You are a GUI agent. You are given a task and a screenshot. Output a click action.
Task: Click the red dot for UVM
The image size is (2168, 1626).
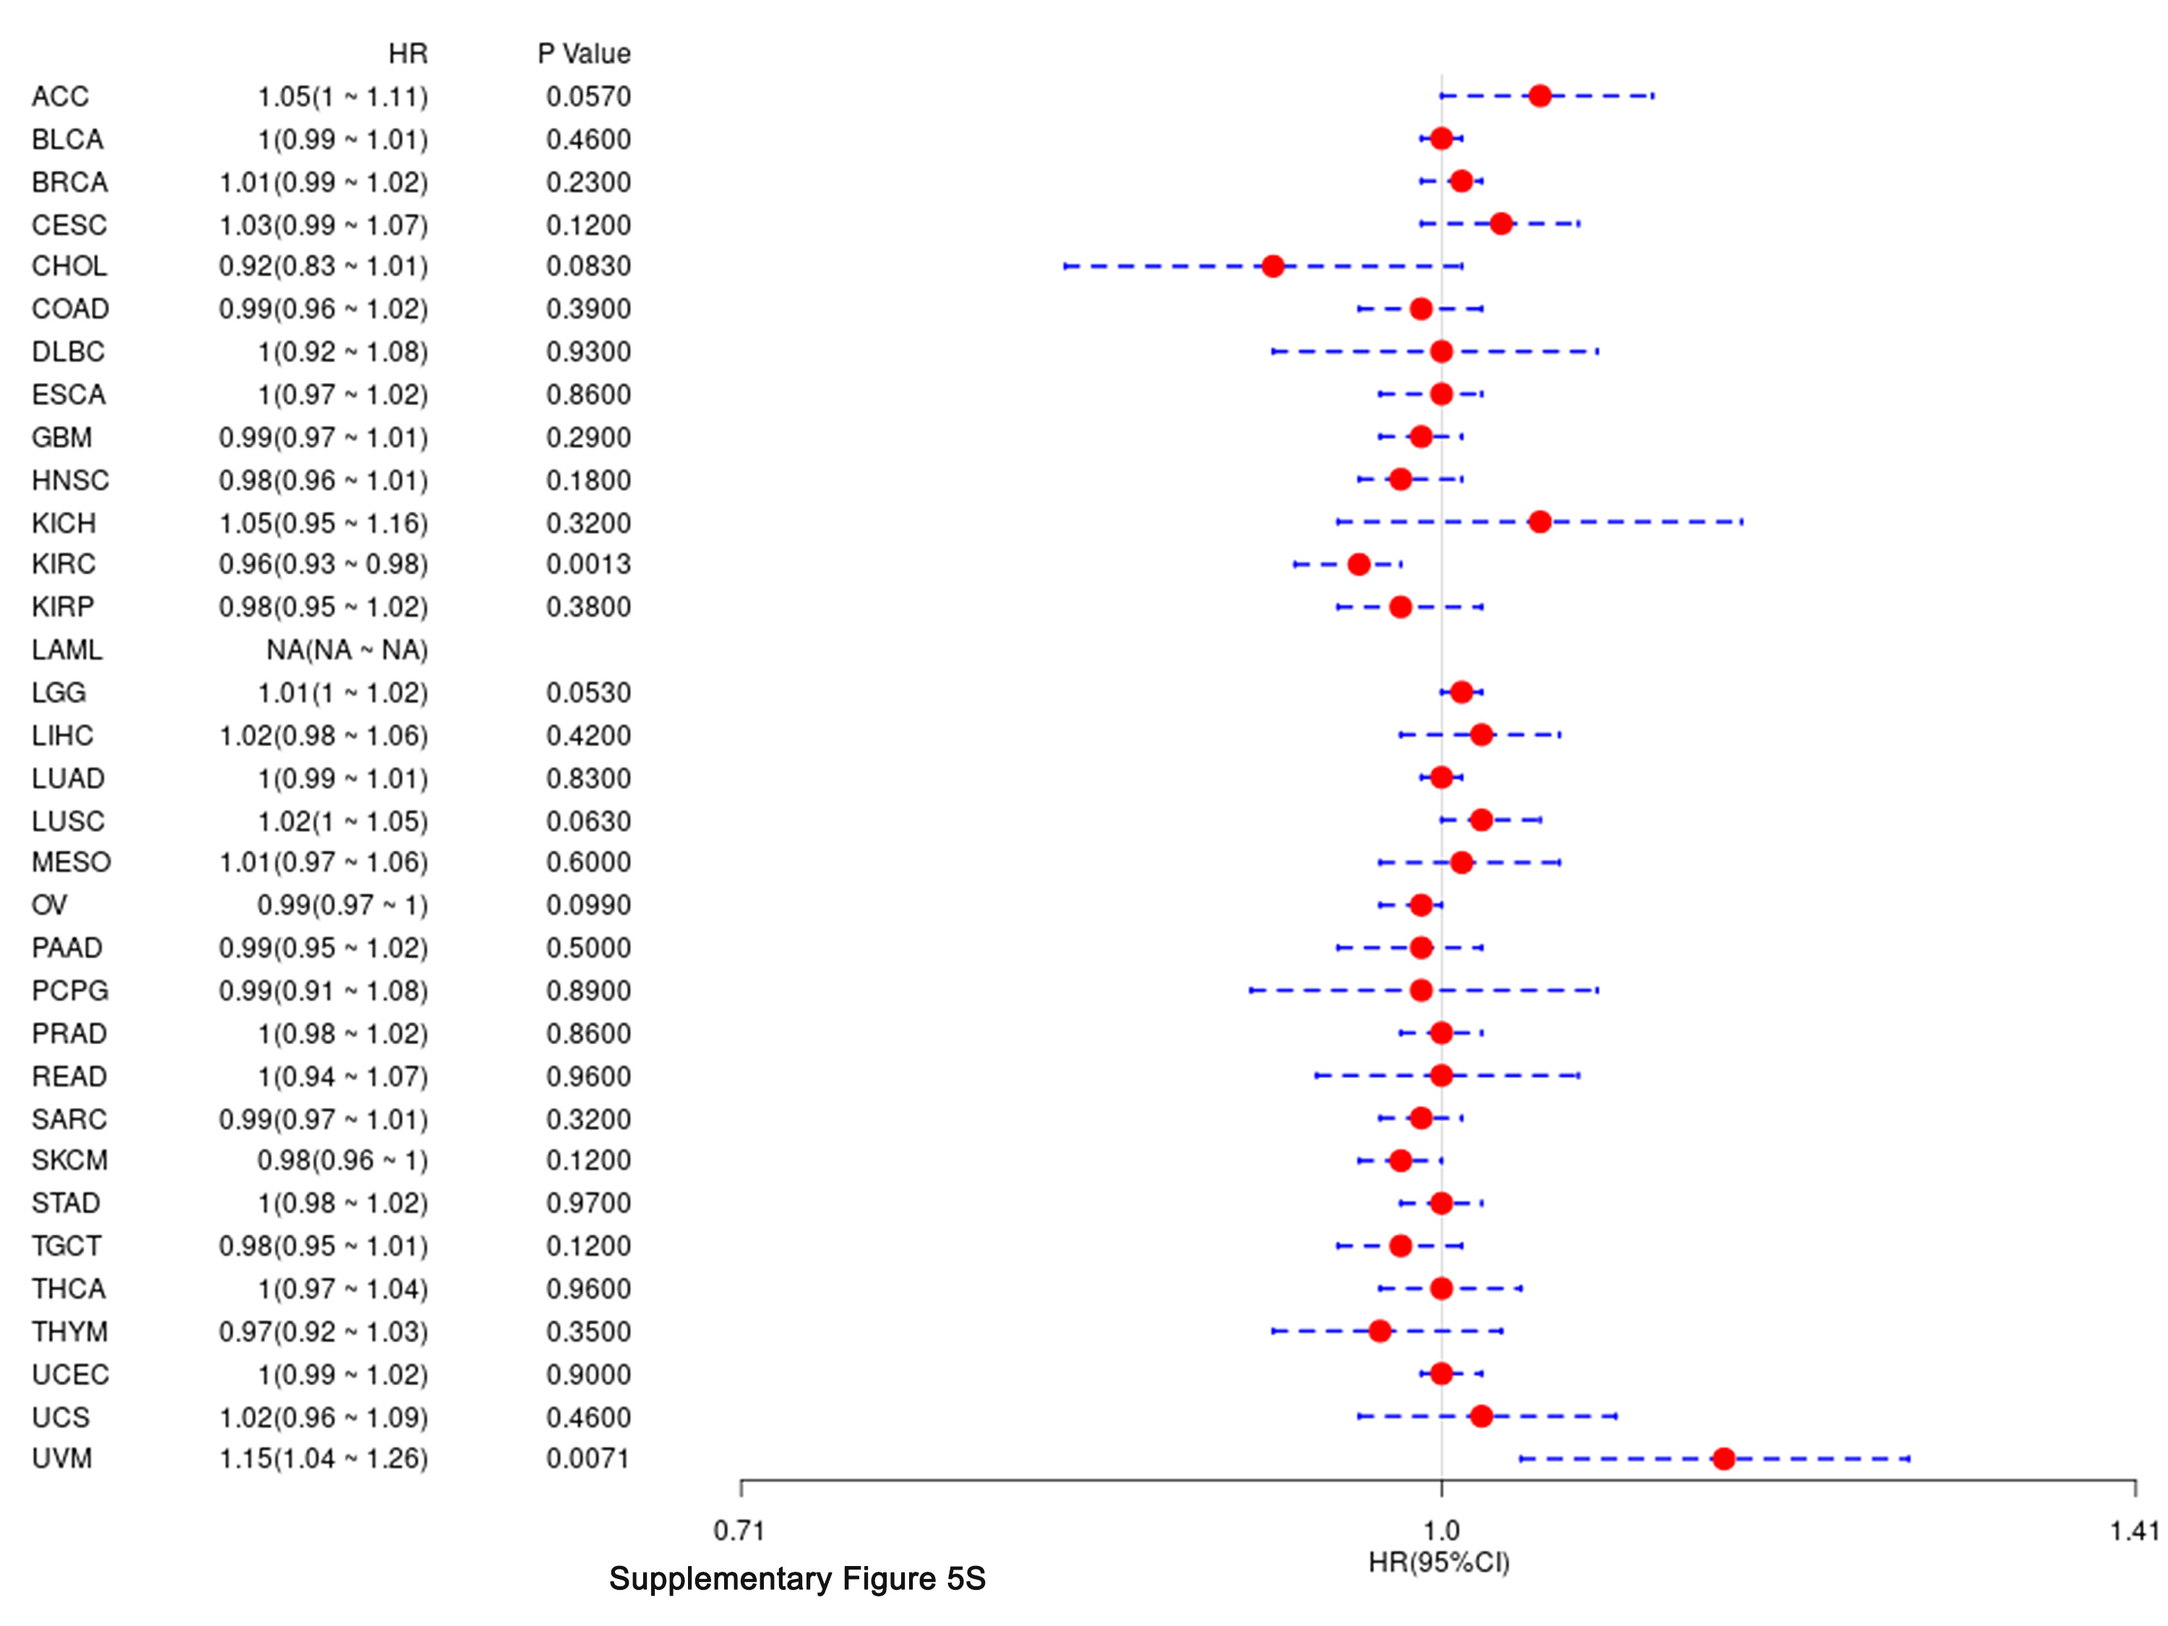pyautogui.click(x=1723, y=1458)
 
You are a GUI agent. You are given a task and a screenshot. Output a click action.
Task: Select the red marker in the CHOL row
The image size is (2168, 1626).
pyautogui.click(x=1272, y=266)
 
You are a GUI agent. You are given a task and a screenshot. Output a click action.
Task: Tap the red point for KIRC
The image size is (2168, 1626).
pyautogui.click(x=1359, y=564)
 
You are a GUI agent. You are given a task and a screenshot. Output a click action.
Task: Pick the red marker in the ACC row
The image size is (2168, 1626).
pyautogui.click(x=1540, y=96)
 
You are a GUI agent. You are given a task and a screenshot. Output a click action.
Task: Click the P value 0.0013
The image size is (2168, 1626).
pyautogui.click(x=588, y=564)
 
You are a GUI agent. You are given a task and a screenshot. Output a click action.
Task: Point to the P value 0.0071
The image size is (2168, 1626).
pyautogui.click(x=588, y=1458)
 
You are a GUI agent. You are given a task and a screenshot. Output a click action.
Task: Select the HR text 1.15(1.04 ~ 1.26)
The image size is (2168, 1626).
pyautogui.click(x=324, y=1458)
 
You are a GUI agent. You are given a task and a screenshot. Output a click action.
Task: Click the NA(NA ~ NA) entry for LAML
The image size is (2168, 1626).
pyautogui.click(x=347, y=650)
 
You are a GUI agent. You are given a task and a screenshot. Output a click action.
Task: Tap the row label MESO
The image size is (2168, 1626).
pyautogui.click(x=71, y=862)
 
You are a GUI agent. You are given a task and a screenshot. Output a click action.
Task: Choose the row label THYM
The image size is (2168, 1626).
pyautogui.click(x=69, y=1331)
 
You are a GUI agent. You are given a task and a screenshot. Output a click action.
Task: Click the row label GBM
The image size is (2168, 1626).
pyautogui.click(x=61, y=437)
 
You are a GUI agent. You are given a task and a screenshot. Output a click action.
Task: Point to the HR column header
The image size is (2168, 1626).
pyautogui.click(x=408, y=53)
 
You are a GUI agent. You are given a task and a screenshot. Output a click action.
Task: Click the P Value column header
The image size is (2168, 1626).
pyautogui.click(x=584, y=53)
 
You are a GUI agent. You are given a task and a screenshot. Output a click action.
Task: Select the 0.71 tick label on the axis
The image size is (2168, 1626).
pyautogui.click(x=739, y=1531)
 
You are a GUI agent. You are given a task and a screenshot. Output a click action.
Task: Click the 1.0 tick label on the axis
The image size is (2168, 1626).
pyautogui.click(x=1441, y=1531)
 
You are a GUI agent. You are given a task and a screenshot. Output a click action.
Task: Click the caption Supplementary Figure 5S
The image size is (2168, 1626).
pyautogui.click(x=797, y=1579)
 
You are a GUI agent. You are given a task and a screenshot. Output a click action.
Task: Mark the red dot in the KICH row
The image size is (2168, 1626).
pyautogui.click(x=1540, y=522)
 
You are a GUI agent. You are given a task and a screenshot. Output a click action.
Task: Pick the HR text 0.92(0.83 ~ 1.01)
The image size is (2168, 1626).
pyautogui.click(x=324, y=266)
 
